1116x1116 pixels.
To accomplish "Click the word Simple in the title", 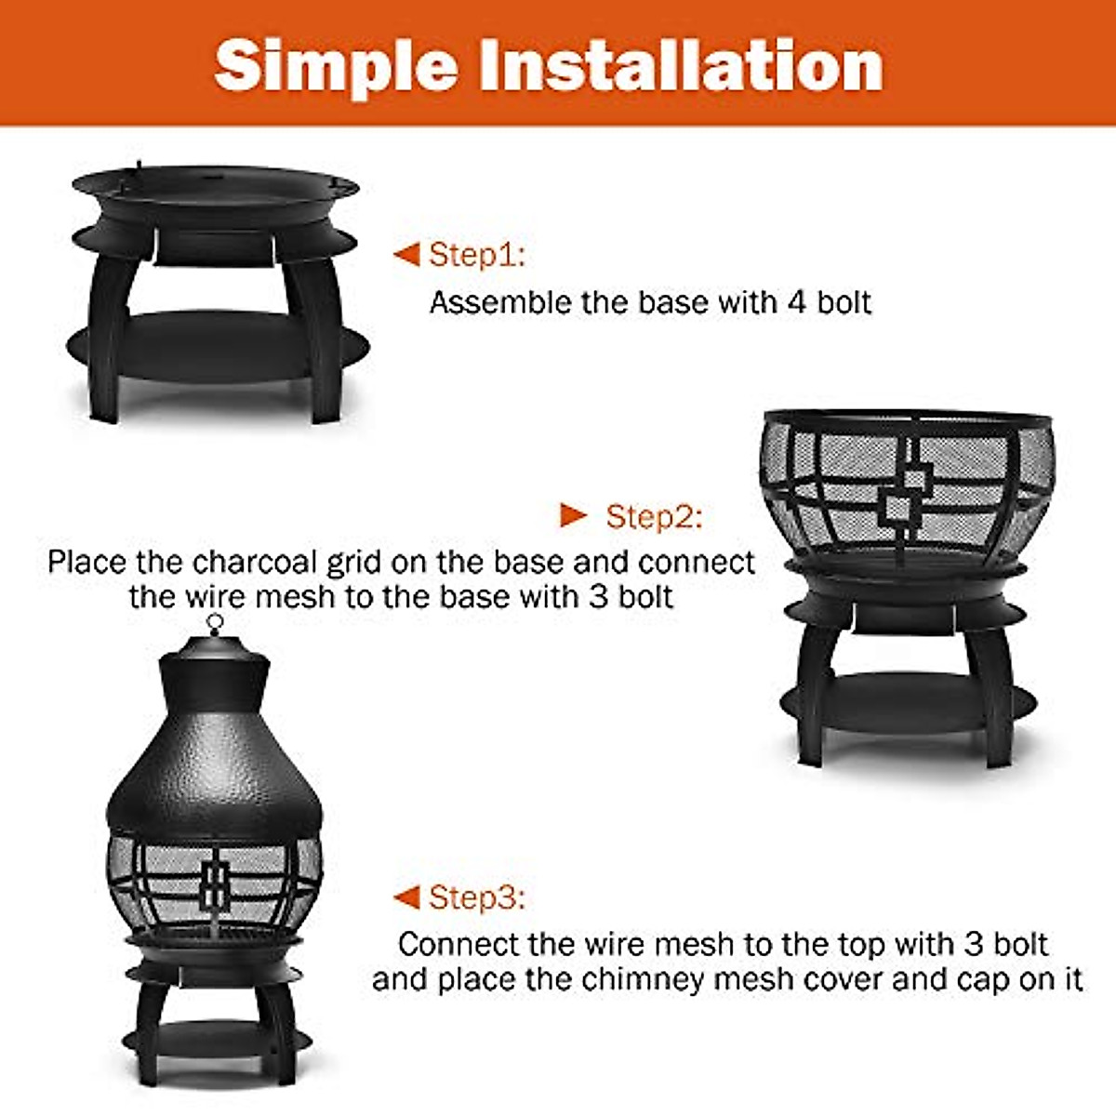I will pos(336,66).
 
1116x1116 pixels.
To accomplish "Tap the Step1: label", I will pos(477,254).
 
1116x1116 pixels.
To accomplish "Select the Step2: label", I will pos(654,516).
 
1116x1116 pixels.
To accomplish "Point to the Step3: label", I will pos(477,897).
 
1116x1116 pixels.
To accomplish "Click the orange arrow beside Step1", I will pos(406,254).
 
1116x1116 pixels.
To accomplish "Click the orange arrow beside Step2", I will pos(574,515).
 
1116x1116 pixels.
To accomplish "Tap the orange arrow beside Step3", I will pos(406,897).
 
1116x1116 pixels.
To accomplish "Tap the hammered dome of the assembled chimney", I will pos(214,781).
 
